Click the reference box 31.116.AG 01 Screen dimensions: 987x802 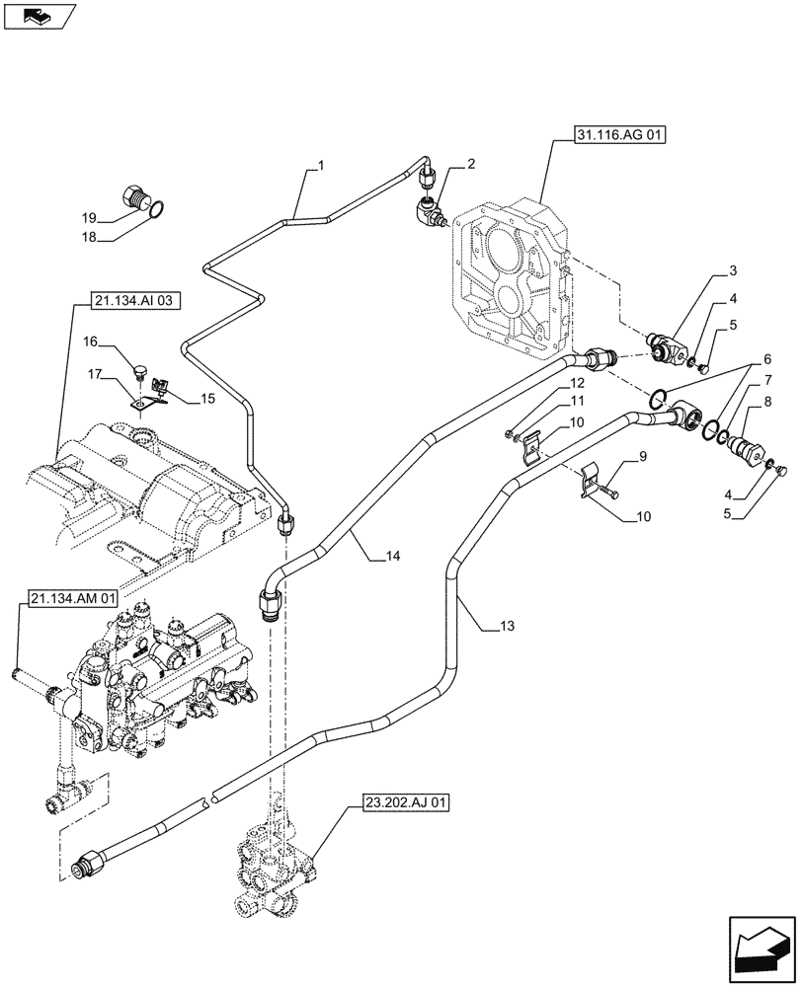click(618, 136)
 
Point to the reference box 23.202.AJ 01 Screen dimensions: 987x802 click(399, 803)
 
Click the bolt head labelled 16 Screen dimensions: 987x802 click(141, 372)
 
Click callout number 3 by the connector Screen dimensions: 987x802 click(732, 269)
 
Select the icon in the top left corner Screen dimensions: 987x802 click(39, 15)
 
